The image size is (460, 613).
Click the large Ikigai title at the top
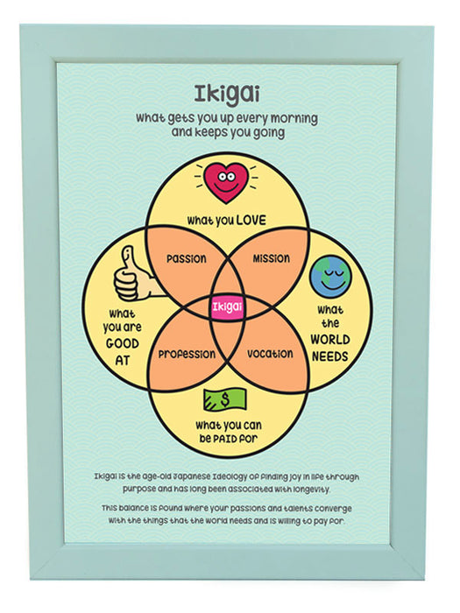(x=226, y=95)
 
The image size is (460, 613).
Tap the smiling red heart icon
(x=226, y=182)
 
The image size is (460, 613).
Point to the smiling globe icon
(x=330, y=277)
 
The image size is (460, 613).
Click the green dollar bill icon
(x=225, y=398)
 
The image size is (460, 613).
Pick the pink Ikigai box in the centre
(x=227, y=307)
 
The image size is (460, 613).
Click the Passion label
(x=186, y=259)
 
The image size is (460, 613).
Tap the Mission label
(x=271, y=258)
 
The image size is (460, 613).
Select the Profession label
(x=187, y=355)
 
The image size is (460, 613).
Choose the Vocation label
(x=270, y=354)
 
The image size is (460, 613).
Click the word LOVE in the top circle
(x=251, y=220)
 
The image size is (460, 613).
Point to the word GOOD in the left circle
(x=123, y=343)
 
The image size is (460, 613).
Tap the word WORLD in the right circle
(x=330, y=340)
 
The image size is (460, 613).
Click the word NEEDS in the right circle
(x=329, y=356)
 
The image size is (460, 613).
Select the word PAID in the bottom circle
(x=225, y=439)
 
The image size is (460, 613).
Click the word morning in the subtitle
(x=294, y=118)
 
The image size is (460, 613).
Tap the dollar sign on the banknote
(x=225, y=399)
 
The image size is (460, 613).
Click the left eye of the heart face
(x=221, y=176)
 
